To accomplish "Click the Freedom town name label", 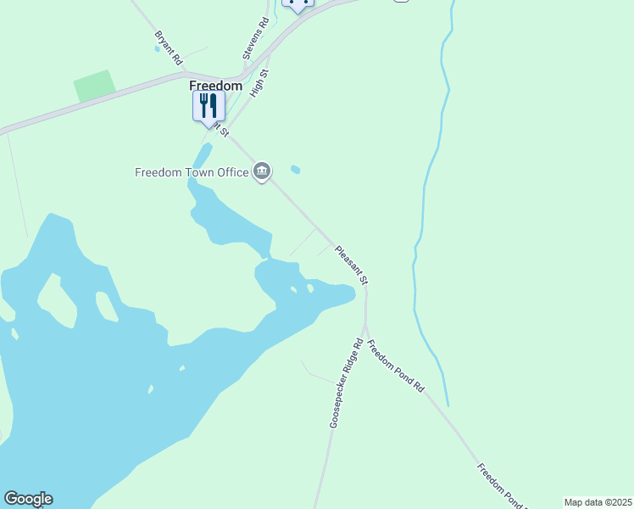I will coord(215,86).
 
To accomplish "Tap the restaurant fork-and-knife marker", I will coord(209,106).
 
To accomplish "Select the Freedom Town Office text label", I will coord(192,172).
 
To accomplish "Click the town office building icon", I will coord(263,172).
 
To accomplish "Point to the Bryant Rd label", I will coord(168,48).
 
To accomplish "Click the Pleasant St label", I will coord(353,265).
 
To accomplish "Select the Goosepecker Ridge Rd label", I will coord(346,382).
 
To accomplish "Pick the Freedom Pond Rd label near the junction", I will coord(395,365).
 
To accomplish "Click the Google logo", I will coord(28,499).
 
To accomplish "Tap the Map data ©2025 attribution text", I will coord(598,502).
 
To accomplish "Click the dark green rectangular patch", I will coord(94,86).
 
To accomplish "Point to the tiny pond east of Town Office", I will coord(295,169).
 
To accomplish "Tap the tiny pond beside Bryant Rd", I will coord(157,48).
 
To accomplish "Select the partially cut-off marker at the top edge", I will coord(297,4).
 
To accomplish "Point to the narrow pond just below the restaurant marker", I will coord(202,155).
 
